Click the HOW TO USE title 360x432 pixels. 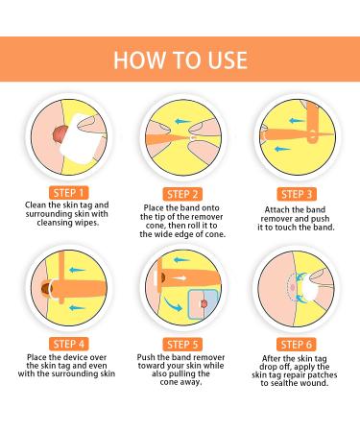tap(180, 60)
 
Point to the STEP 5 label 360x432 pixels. tap(180, 343)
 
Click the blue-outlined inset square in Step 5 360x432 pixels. tap(202, 305)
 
